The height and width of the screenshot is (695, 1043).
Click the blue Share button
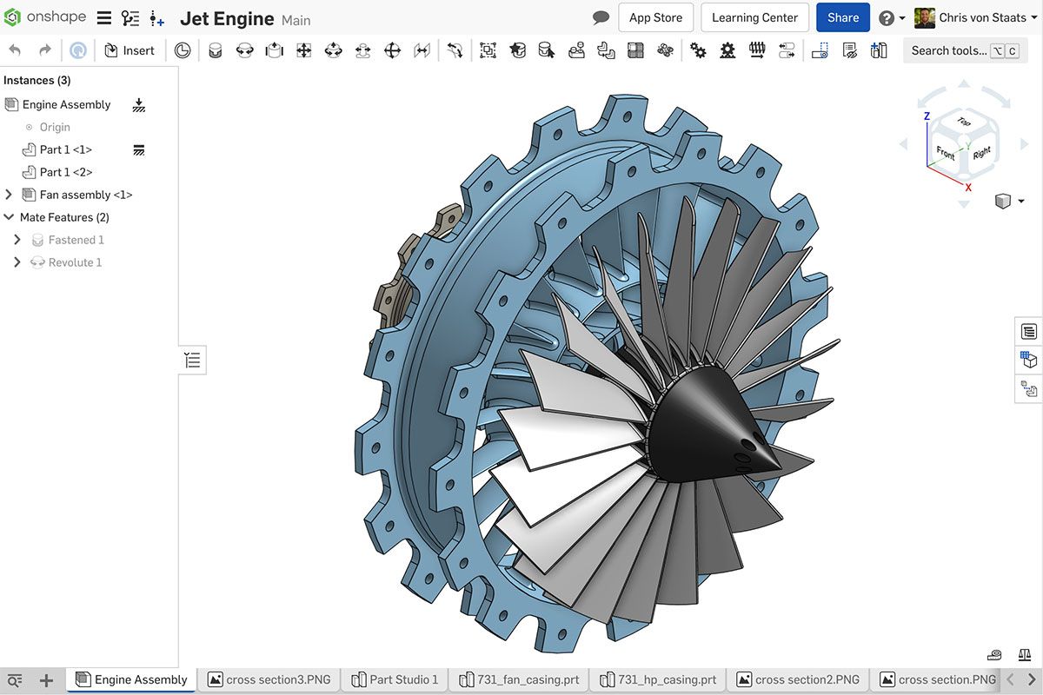tap(842, 17)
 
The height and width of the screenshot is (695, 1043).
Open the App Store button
tap(655, 17)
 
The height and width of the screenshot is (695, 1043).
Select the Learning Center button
tap(754, 17)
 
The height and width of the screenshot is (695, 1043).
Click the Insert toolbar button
tap(130, 50)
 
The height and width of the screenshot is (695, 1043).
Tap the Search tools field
tap(949, 50)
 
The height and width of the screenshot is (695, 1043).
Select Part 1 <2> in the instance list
tap(66, 172)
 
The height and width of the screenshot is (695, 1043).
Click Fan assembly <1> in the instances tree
tap(86, 195)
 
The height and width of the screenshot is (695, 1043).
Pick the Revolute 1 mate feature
tap(75, 262)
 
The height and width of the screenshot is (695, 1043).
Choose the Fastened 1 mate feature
tap(76, 240)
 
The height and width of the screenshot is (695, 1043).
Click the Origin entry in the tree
tap(55, 127)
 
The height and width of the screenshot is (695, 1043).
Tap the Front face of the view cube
tap(945, 153)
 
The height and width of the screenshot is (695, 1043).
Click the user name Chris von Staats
tap(982, 17)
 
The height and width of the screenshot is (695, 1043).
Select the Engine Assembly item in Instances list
tap(66, 104)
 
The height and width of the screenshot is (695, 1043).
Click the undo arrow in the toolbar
tap(15, 50)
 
